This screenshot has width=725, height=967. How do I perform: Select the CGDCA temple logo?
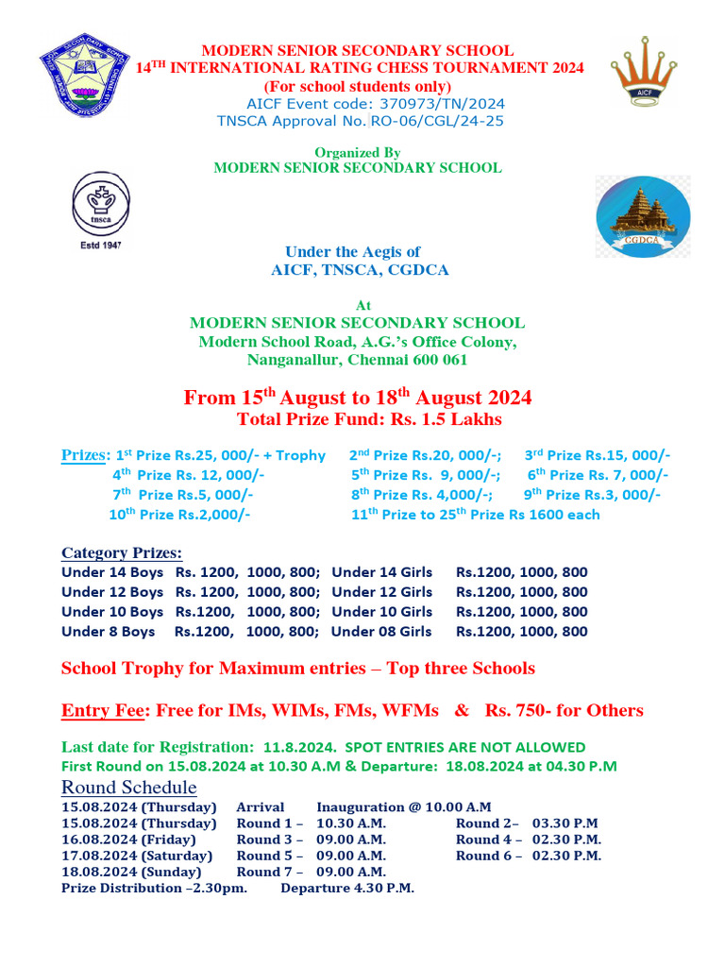pos(642,217)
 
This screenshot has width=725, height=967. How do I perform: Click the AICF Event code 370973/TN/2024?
pos(375,104)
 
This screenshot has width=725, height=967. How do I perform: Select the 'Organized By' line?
pos(358,152)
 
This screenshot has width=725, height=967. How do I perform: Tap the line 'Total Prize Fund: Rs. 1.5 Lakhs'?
pos(369,419)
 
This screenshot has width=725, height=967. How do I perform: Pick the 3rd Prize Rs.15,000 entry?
pos(598,455)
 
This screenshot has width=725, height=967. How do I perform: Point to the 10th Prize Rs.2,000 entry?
pos(178,515)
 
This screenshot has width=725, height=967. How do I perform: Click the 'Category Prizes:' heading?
pos(122,553)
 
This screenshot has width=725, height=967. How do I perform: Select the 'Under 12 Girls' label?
pos(382,592)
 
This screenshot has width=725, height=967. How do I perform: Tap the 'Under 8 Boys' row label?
pos(108,632)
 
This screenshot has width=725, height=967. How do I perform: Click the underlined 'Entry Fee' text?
pos(102,710)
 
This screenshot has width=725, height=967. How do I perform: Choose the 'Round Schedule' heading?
pos(128,788)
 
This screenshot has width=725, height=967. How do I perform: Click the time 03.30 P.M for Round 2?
pos(565,823)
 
